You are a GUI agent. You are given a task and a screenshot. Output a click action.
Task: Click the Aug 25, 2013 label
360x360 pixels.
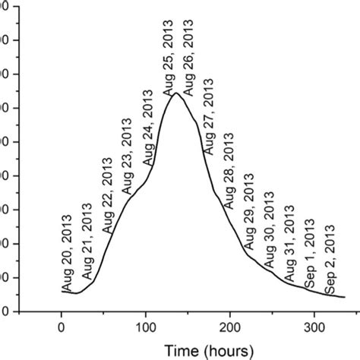pos(169,55)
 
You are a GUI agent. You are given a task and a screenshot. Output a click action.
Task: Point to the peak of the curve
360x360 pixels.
pos(176,93)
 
